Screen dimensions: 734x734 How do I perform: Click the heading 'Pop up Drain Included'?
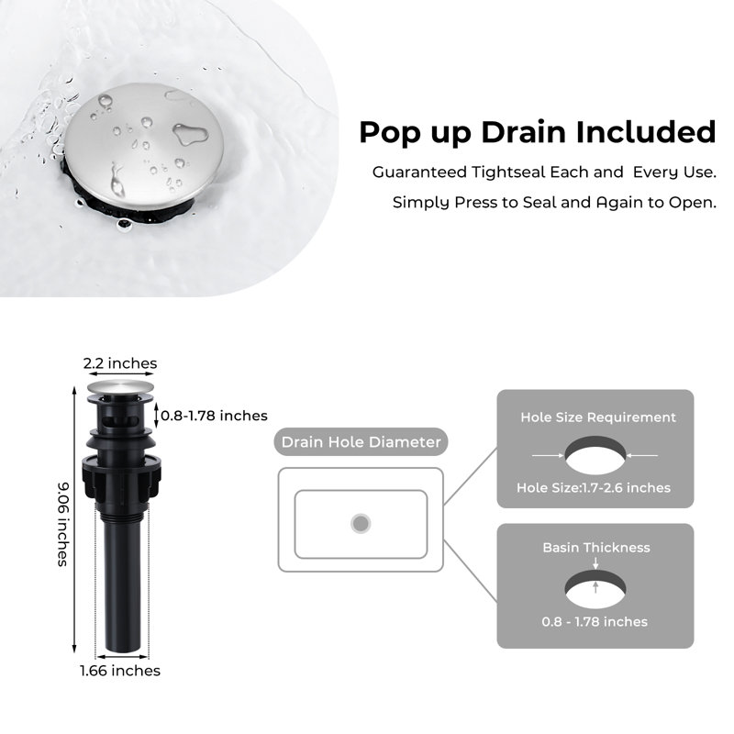[538, 132]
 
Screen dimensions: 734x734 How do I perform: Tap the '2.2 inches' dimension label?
[120, 363]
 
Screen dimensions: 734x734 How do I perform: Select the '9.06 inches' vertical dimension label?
[62, 524]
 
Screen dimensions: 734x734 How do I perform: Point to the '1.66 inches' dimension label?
[120, 671]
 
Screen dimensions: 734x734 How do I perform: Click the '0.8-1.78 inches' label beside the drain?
[214, 416]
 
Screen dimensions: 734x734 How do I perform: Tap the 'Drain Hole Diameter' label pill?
[361, 442]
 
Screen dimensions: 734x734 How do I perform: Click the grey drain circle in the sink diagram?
[361, 523]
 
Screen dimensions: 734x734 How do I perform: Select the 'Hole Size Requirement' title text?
[598, 417]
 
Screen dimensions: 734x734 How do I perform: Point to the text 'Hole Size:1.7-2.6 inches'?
[594, 488]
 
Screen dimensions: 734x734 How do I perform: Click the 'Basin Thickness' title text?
[596, 547]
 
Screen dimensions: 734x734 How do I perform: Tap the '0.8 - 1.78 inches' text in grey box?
[595, 622]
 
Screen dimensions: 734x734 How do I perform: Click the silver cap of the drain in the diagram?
[120, 387]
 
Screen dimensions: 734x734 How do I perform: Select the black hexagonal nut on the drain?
[122, 476]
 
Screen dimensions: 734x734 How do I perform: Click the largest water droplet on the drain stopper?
[190, 134]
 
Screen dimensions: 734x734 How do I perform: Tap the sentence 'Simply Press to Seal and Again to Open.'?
[554, 203]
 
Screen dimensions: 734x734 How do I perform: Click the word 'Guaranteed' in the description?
[419, 172]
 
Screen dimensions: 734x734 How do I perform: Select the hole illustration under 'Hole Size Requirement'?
[595, 455]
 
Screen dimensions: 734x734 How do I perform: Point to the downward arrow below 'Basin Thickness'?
[595, 563]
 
